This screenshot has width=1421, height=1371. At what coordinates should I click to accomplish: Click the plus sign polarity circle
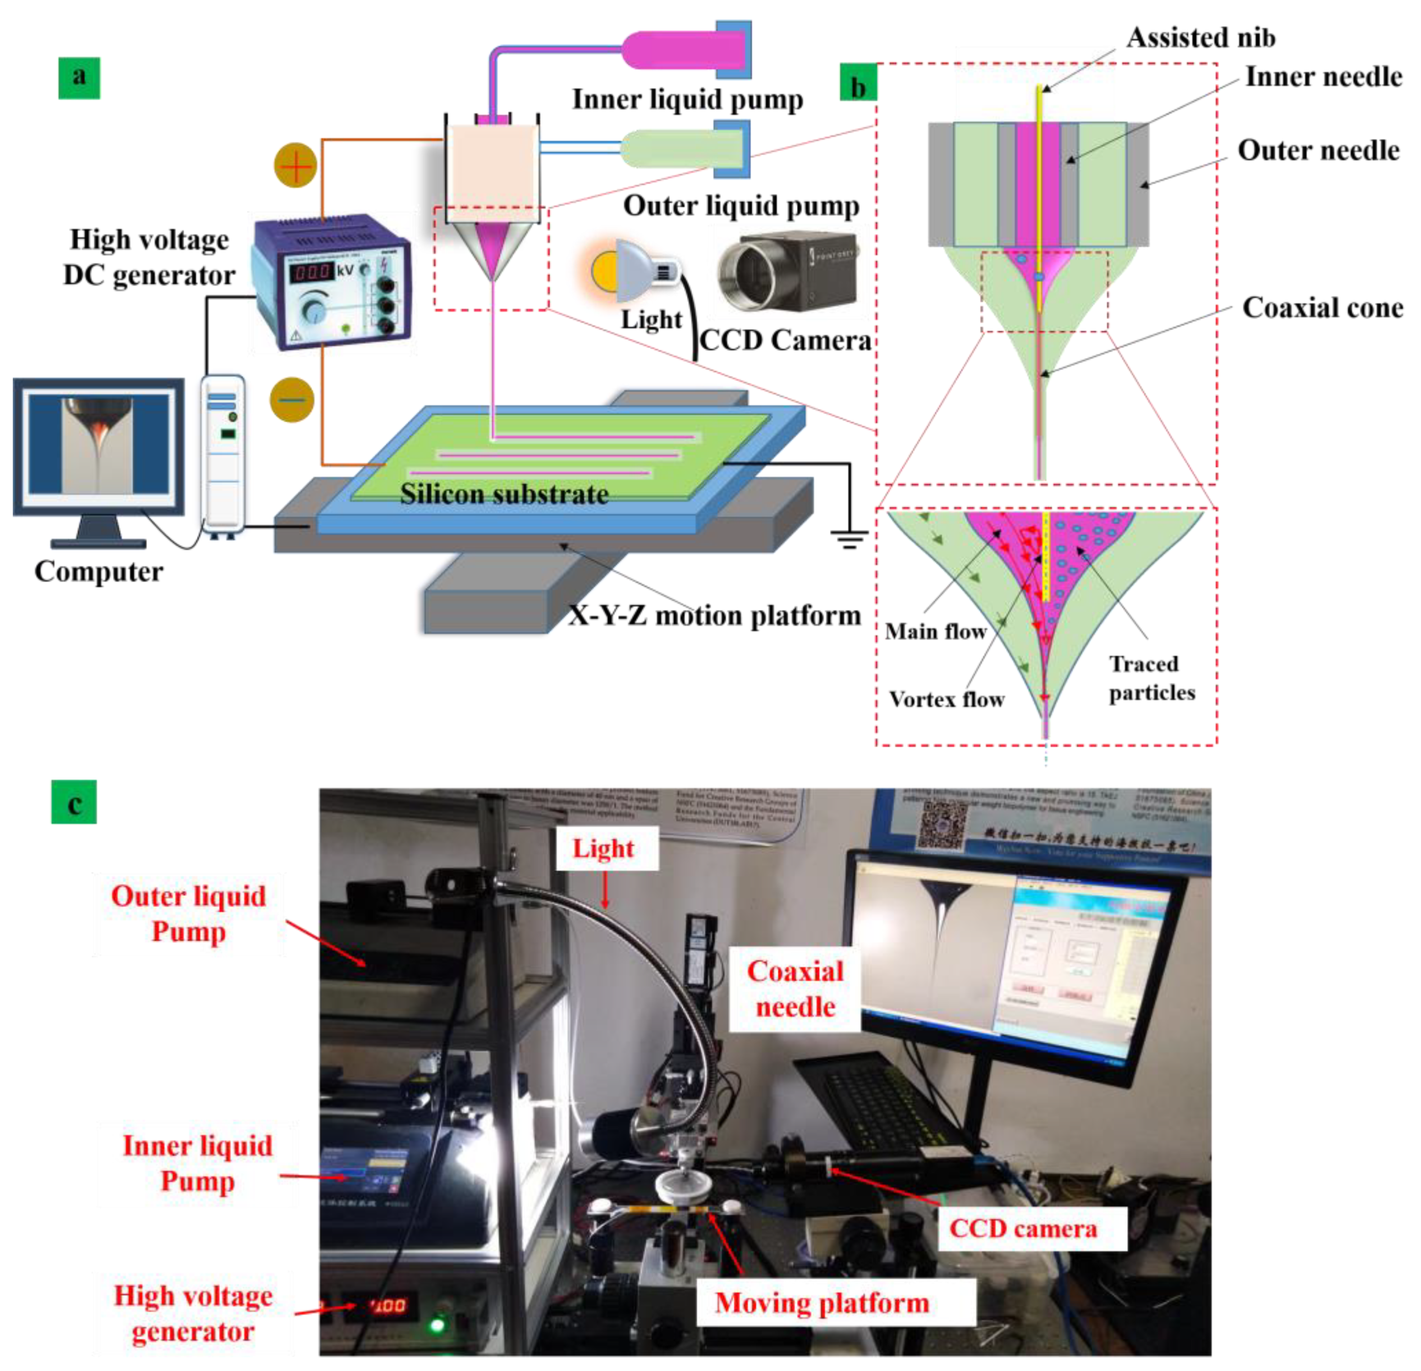[295, 165]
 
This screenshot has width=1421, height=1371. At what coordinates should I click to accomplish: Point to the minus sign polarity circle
[291, 399]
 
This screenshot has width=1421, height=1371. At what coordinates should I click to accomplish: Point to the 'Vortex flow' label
[946, 700]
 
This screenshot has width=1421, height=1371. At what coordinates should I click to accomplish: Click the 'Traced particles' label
[1151, 679]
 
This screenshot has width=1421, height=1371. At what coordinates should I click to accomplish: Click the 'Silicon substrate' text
[504, 495]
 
